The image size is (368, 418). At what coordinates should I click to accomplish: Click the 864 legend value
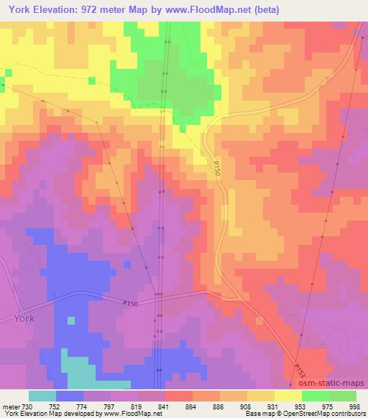pyautogui.click(x=190, y=407)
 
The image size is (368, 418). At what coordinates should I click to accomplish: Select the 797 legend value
pyautogui.click(x=108, y=407)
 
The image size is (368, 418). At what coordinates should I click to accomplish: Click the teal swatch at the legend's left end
pyautogui.click(x=42, y=396)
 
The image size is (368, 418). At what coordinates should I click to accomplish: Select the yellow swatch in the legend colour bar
pyautogui.click(x=288, y=396)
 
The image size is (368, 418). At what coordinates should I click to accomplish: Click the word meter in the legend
pyautogui.click(x=9, y=407)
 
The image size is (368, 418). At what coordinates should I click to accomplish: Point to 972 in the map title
pyautogui.click(x=92, y=10)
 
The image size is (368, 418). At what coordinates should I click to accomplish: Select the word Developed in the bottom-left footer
pyautogui.click(x=72, y=414)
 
